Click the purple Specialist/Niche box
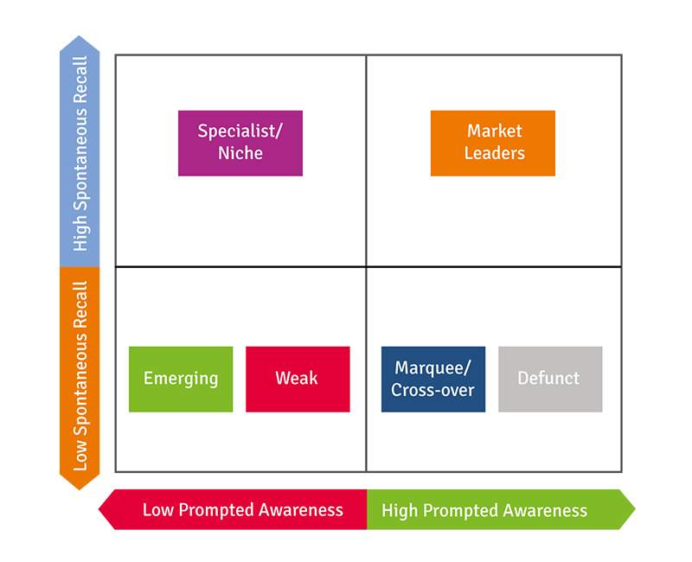240,143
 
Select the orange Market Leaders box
493,143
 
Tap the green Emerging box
181,379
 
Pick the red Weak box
298,379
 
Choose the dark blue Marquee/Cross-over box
432,379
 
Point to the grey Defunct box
550,379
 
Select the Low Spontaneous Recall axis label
80,376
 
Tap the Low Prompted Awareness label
242,510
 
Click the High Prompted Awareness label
484,510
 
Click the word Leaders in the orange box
495,154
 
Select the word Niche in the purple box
240,154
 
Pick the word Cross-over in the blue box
432,390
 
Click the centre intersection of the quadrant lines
366,266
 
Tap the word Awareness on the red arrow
299,510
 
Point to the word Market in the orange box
495,131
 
